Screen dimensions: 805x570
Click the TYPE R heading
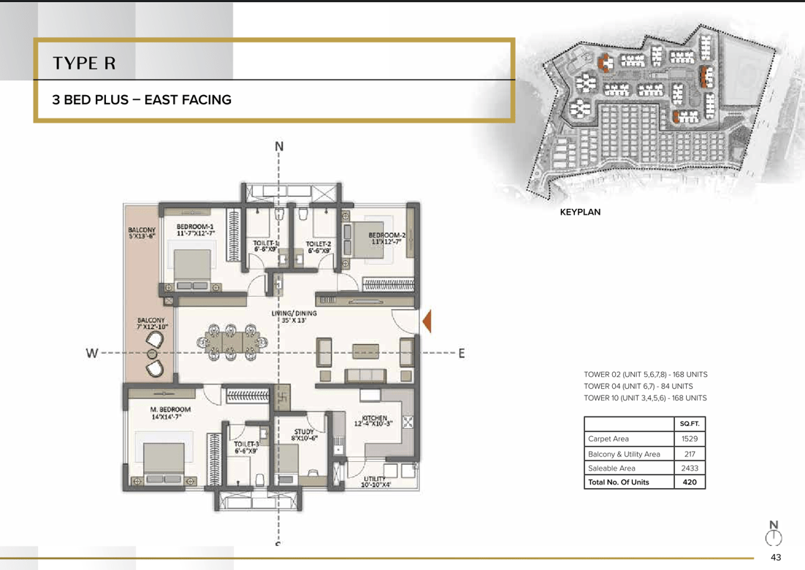pos(84,63)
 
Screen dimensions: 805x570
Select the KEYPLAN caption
pos(580,212)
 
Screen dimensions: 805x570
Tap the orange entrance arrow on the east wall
pos(427,322)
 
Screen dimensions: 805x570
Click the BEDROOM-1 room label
pos(195,227)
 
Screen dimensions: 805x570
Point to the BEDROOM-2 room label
pos(387,235)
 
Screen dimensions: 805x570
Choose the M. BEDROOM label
pos(170,409)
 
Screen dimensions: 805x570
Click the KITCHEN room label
pos(374,418)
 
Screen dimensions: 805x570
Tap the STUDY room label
pos(304,432)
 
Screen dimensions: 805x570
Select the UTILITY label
pos(375,479)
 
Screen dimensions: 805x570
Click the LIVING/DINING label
pos(294,313)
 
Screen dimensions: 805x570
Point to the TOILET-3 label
pos(246,444)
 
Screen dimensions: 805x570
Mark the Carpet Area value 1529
pos(690,438)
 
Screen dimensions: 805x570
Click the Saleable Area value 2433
pos(690,468)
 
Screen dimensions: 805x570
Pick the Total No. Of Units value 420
pos(690,482)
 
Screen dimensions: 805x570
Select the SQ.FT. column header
pos(690,424)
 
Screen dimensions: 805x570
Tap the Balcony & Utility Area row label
pos(624,454)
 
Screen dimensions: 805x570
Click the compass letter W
pos(92,353)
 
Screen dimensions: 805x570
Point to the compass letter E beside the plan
pos(462,353)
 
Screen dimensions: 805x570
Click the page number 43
pos(776,557)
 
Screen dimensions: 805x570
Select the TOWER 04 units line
pos(638,386)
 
